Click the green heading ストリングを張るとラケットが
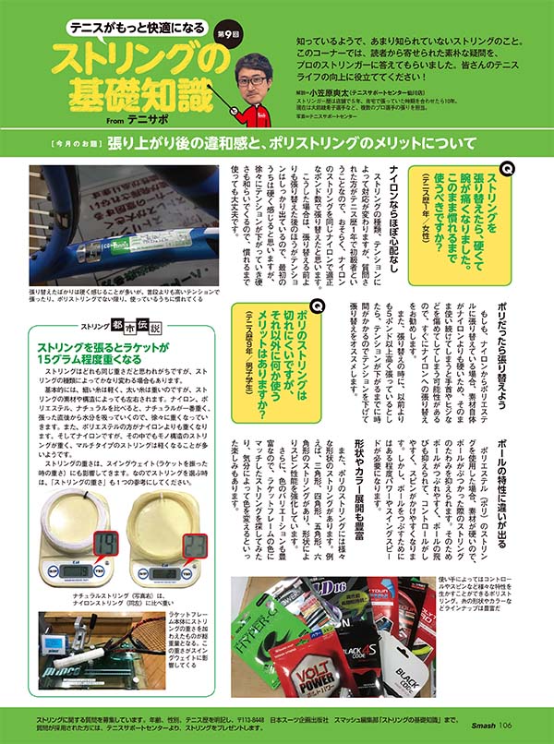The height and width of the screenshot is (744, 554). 102,347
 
